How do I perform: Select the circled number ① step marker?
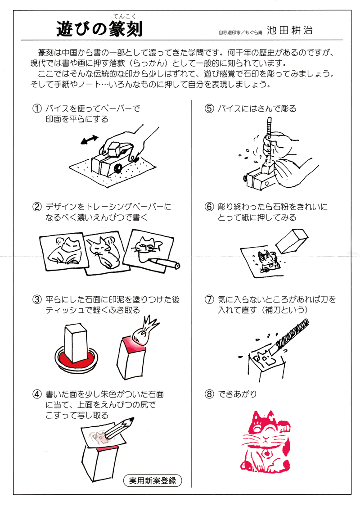36,109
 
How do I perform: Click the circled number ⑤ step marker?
208,109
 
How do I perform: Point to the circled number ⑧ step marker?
208,394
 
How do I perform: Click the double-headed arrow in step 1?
89,140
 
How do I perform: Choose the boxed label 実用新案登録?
153,480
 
